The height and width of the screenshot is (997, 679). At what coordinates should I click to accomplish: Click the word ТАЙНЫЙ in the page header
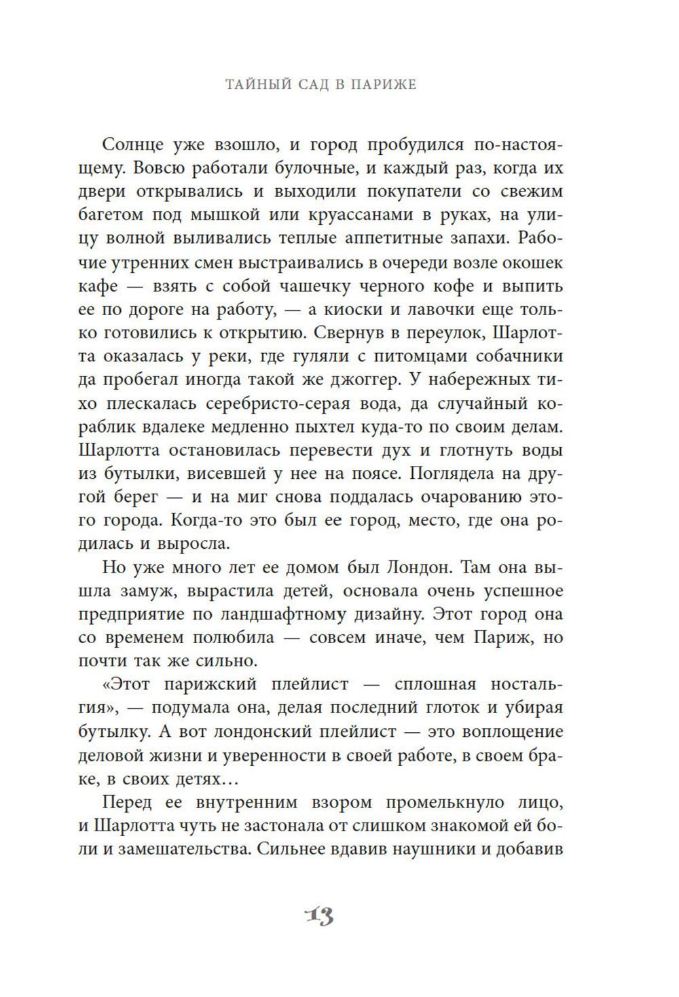(255, 85)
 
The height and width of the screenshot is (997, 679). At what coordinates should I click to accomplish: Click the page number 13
(318, 916)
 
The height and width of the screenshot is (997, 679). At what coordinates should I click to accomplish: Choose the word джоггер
(359, 380)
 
